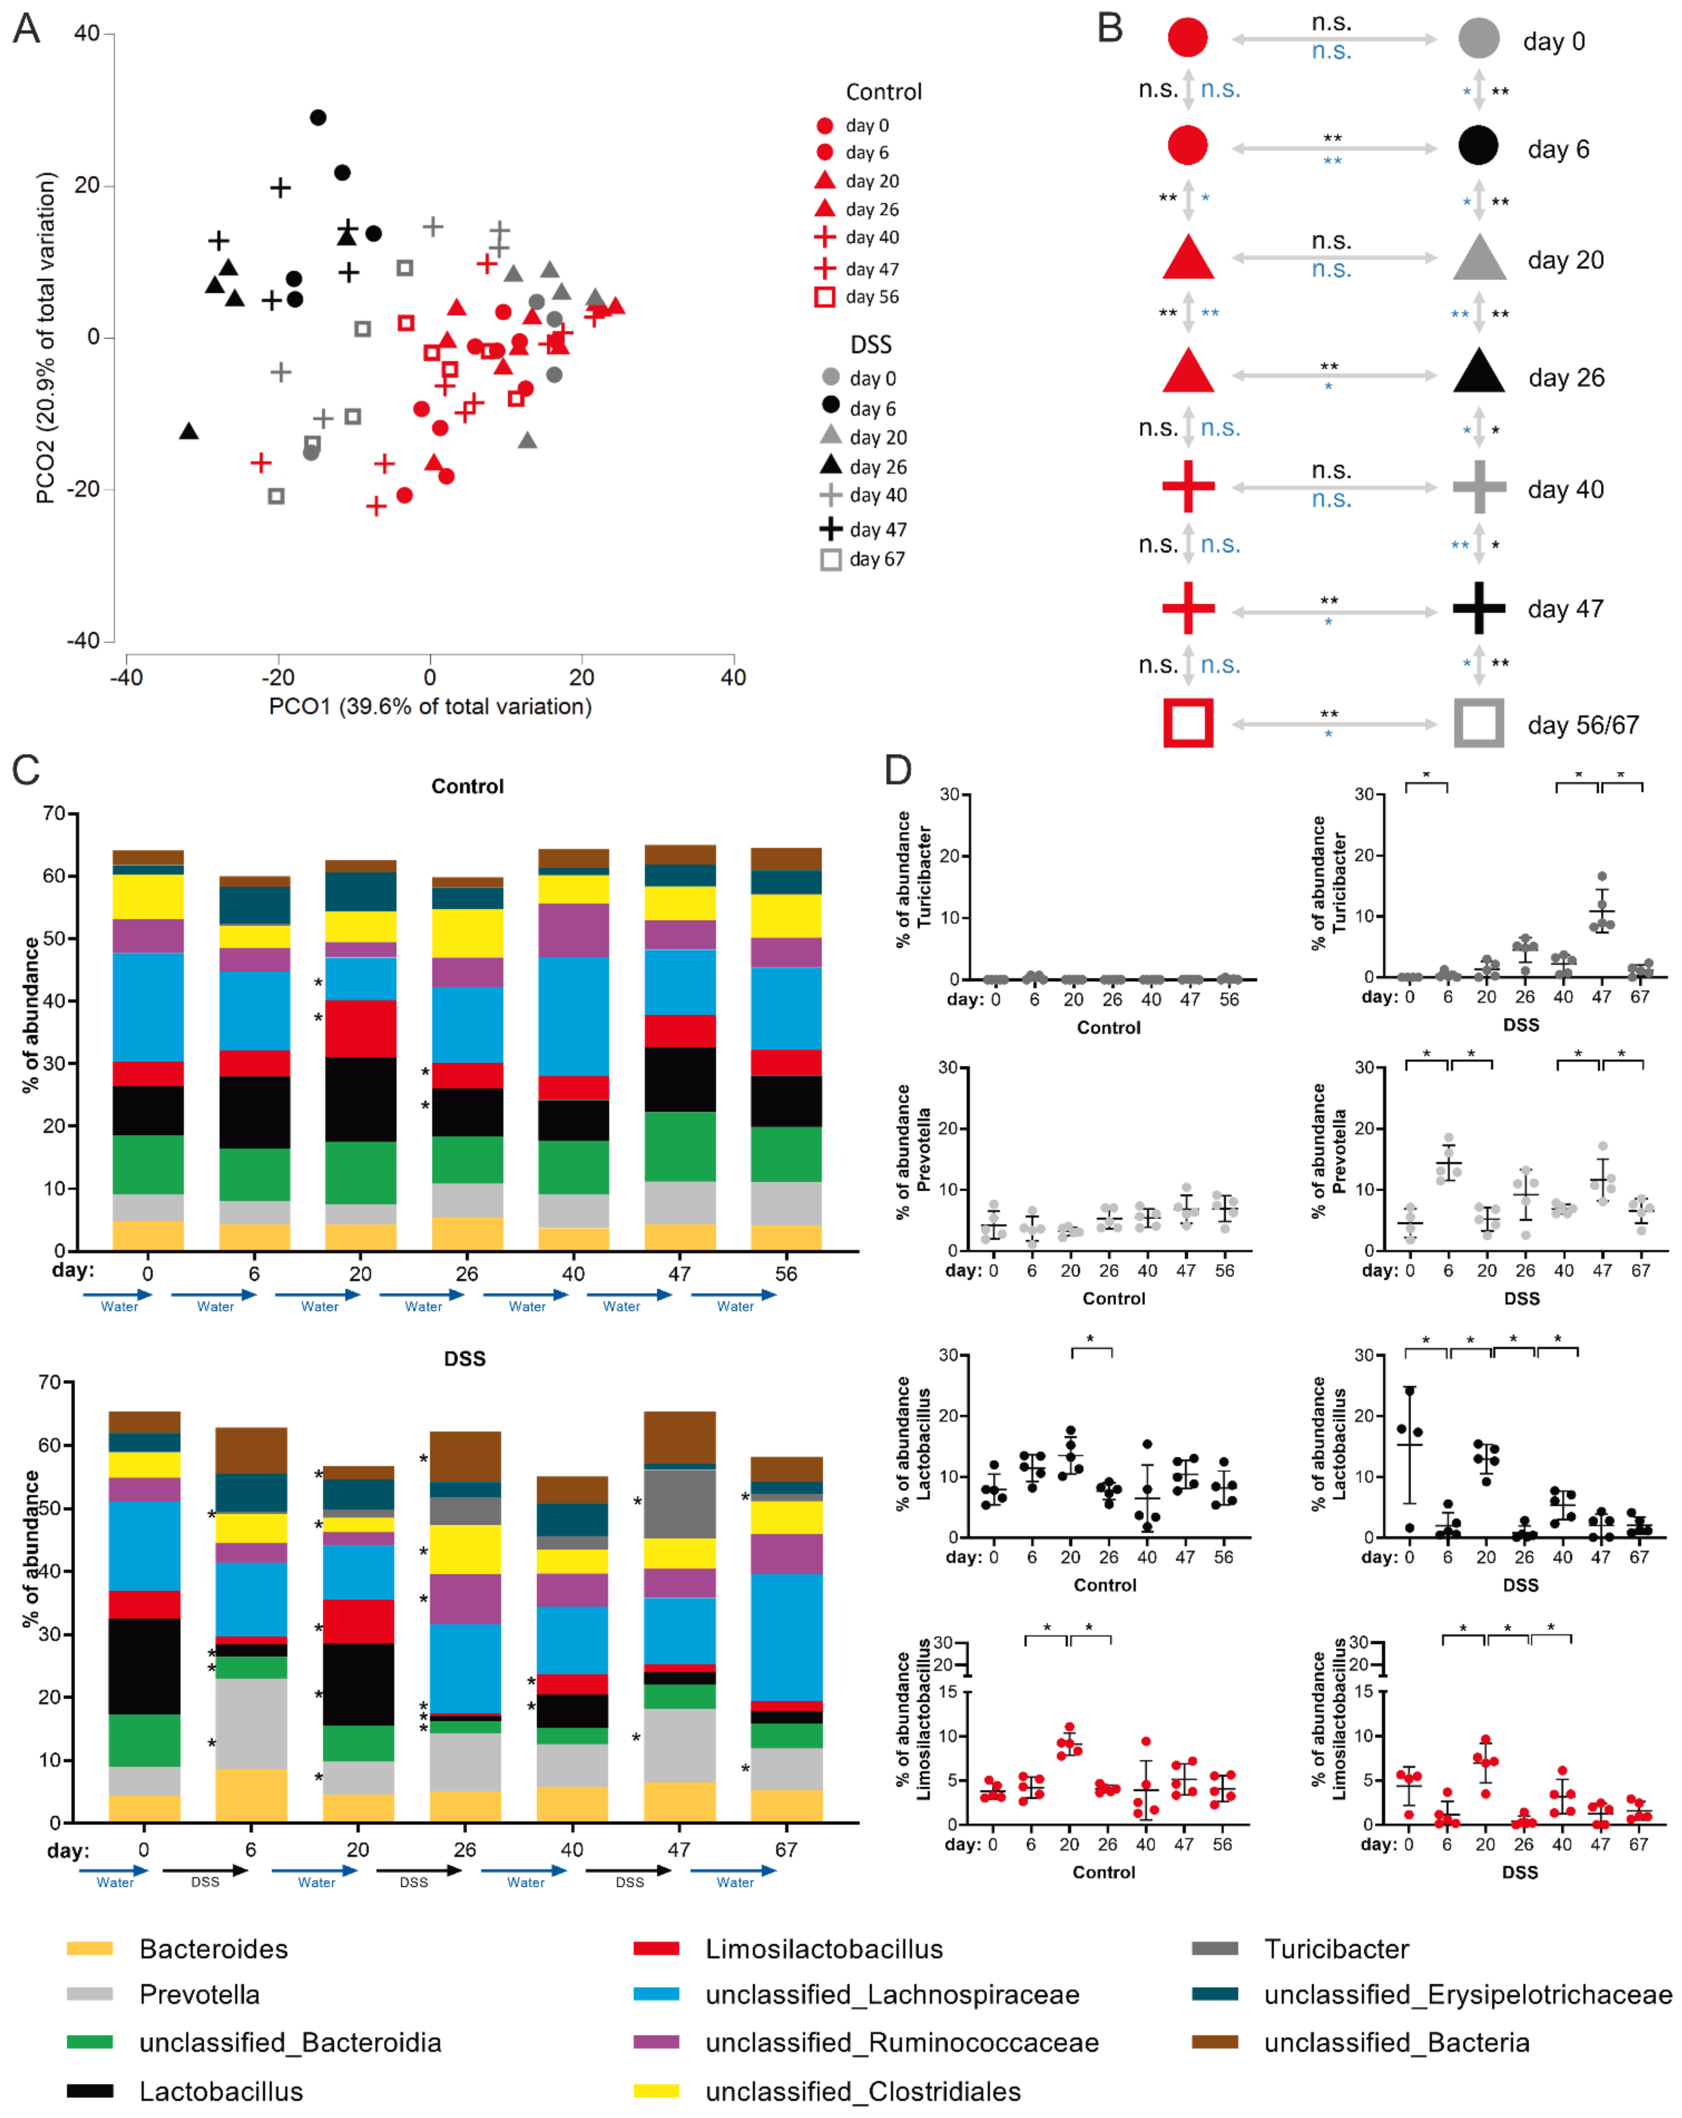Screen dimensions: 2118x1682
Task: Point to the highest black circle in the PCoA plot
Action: (x=317, y=118)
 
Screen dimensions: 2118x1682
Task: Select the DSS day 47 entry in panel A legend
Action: (x=863, y=529)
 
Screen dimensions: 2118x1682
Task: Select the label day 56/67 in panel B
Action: (x=1582, y=725)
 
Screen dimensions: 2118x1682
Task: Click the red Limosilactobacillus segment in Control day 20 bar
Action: (x=360, y=1027)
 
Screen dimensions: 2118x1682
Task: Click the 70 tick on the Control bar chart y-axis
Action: (x=54, y=814)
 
